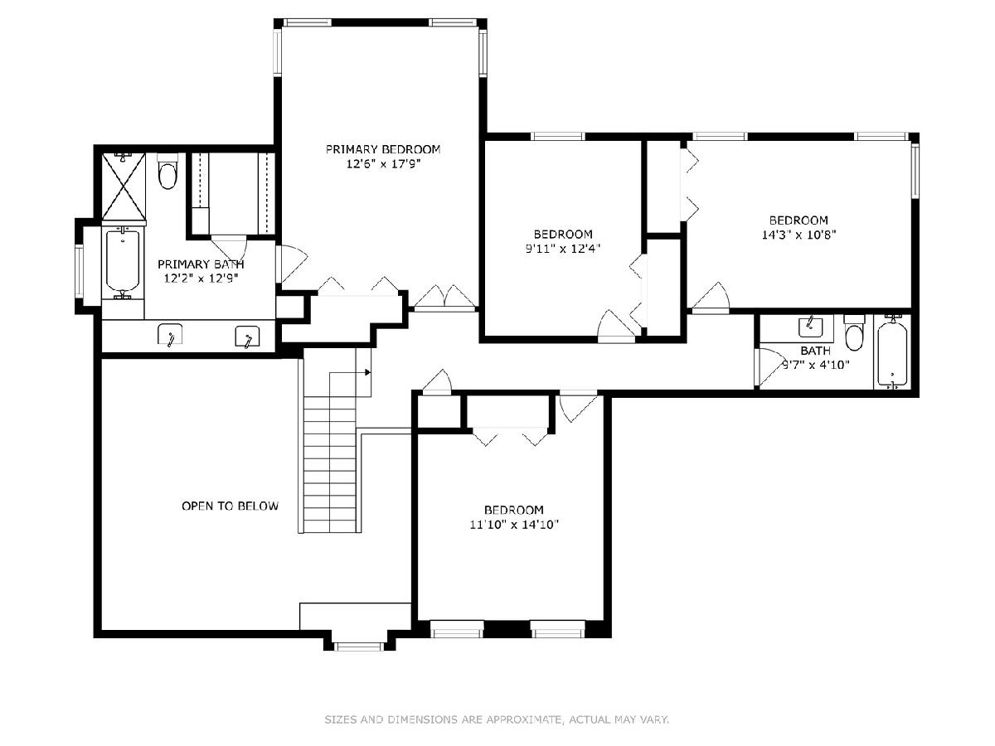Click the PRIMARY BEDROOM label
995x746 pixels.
[x=383, y=149]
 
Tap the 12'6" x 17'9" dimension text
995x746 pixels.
[x=384, y=163]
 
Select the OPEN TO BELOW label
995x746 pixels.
[x=230, y=506]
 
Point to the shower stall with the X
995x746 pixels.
[x=124, y=186]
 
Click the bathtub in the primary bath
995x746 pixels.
[x=123, y=260]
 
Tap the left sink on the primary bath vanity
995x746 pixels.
[x=169, y=335]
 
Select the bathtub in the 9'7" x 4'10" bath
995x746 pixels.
[x=892, y=352]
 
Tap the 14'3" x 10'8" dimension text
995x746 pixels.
[x=798, y=235]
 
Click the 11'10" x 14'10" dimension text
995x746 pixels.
[x=514, y=525]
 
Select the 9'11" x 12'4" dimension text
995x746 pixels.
[x=563, y=249]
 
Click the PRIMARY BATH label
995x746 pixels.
[x=201, y=264]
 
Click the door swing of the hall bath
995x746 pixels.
[x=770, y=367]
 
